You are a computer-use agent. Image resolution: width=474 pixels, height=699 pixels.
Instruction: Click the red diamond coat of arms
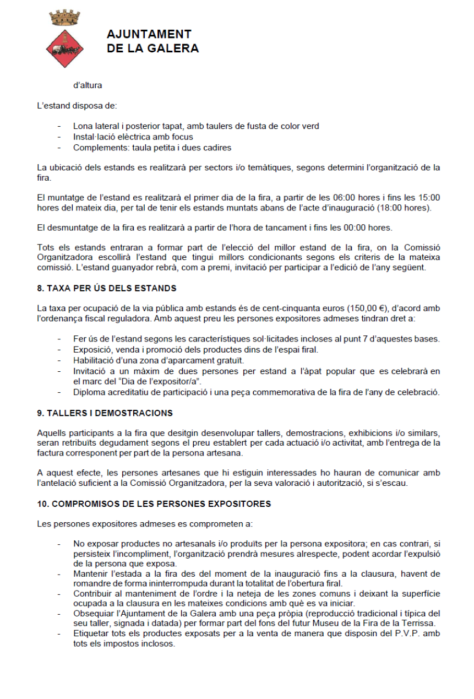[65, 48]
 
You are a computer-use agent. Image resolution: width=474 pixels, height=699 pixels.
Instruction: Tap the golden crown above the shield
[66, 18]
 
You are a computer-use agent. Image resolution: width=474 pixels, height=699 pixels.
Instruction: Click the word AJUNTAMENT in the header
[149, 35]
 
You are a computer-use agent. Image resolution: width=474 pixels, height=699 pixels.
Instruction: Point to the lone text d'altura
[88, 85]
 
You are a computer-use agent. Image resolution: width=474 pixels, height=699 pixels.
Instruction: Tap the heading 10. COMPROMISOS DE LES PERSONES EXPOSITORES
[154, 503]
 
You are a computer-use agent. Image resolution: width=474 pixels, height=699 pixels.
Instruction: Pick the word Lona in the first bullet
[83, 126]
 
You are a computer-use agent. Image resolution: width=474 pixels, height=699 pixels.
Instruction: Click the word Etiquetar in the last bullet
[91, 633]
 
